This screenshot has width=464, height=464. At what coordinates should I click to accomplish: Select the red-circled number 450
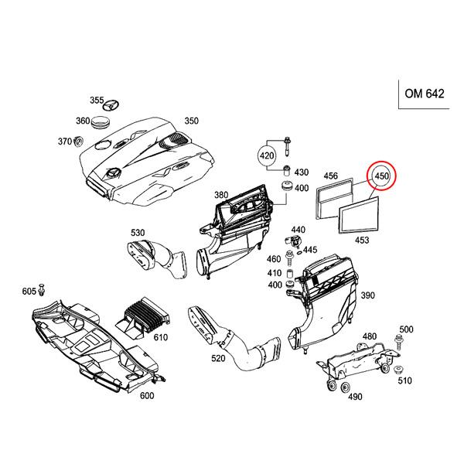[381, 176]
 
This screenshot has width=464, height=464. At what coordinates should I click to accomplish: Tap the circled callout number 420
[267, 156]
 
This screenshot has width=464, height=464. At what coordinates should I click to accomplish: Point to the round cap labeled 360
[101, 123]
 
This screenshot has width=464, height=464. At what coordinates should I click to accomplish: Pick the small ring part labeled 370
[78, 142]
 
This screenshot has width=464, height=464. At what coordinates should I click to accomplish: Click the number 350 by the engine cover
[191, 121]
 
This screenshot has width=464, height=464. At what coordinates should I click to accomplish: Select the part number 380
[222, 194]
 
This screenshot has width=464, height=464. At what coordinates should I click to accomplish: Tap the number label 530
[138, 232]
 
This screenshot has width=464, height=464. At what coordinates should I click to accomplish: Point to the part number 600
[147, 396]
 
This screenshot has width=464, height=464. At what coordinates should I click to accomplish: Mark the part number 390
[367, 295]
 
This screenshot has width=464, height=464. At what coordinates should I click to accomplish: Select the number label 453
[361, 241]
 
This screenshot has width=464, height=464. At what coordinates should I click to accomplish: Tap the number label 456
[331, 176]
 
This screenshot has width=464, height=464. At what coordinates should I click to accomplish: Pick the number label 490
[355, 397]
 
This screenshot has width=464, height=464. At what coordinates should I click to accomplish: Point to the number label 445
[310, 249]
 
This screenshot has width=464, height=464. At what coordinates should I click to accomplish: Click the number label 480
[370, 336]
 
